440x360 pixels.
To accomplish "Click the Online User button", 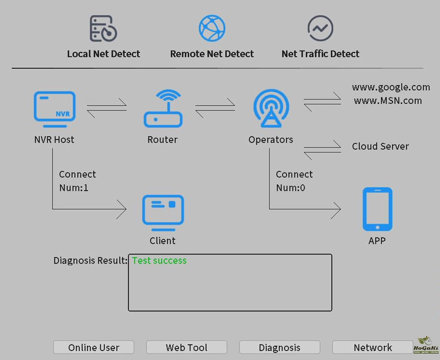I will (94, 348).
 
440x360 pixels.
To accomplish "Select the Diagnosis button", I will (279, 348).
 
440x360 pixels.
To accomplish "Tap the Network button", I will (372, 348).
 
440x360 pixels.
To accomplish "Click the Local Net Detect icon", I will (103, 29).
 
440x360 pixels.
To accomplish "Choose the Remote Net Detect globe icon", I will (212, 28).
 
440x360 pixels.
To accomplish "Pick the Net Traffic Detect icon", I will (320, 28).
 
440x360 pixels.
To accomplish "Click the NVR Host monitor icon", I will (54, 109).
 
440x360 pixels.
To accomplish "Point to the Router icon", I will (162, 109).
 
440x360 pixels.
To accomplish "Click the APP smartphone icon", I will (377, 209).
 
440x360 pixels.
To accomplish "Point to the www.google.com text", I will (391, 87).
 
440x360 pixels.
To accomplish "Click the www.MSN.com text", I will (388, 100).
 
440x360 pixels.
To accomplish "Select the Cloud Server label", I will (380, 146).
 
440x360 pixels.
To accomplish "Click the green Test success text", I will (159, 261).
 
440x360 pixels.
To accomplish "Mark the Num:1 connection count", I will (74, 188).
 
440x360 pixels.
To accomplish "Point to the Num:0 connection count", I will (290, 188).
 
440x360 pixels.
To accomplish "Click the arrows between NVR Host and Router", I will (107, 108).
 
